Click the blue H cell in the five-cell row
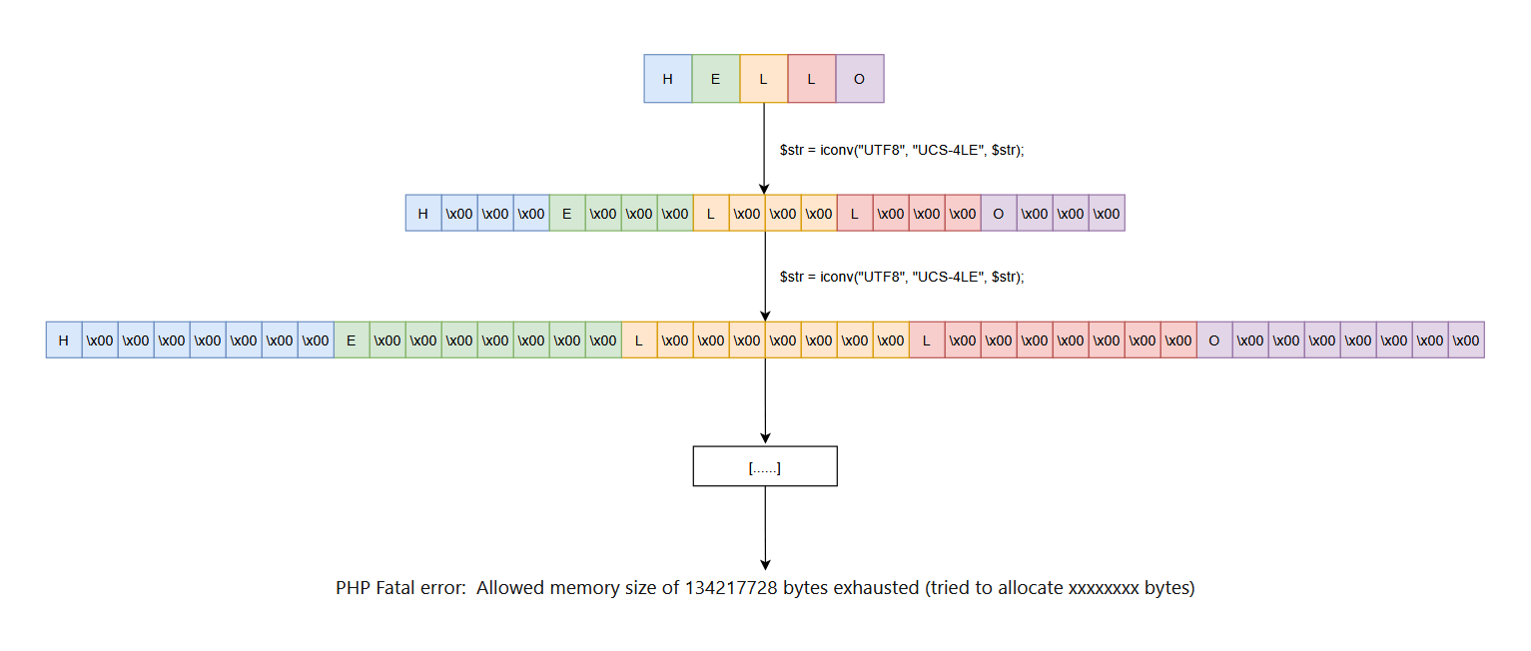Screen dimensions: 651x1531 667,79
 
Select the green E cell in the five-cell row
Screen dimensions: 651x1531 715,79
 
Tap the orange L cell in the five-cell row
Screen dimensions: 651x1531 763,79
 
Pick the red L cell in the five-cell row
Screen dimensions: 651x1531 811,79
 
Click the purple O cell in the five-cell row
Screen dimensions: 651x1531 859,79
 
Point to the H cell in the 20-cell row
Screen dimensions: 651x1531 423,213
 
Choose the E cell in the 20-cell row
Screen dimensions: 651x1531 567,213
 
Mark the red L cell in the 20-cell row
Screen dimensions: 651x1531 855,213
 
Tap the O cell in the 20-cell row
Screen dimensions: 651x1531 999,213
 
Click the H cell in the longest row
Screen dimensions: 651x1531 64,339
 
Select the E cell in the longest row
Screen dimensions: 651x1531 352,339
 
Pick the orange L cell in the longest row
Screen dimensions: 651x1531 639,339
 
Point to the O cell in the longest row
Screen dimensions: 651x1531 1214,339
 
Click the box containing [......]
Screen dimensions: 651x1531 765,466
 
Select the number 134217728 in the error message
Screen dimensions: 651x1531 731,588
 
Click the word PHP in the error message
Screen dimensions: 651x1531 354,588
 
